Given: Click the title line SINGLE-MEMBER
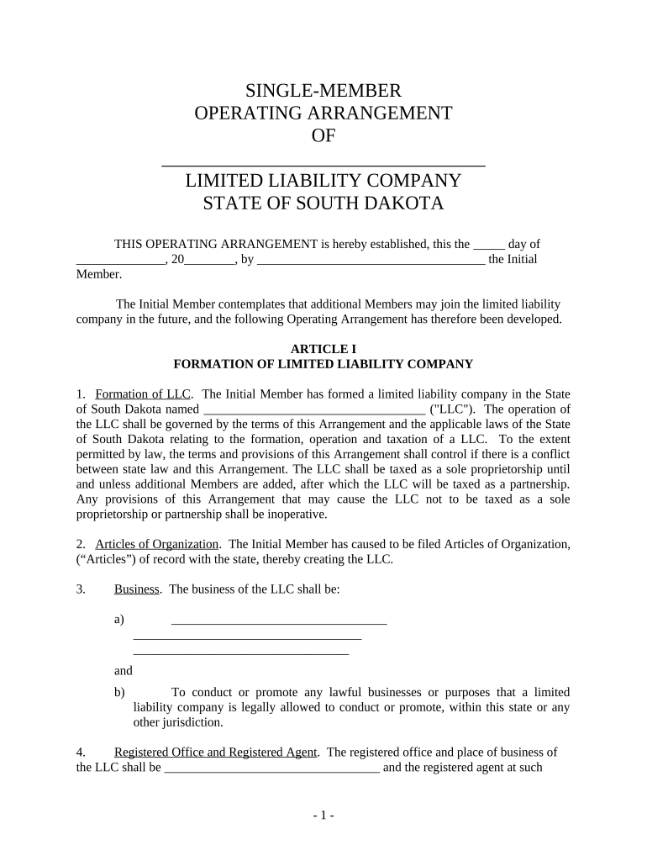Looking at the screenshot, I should click(x=323, y=90).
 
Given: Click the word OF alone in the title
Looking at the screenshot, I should click(x=323, y=136).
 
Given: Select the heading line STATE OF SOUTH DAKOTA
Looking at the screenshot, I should click(x=323, y=203).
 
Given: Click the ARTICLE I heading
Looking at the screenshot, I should click(x=323, y=349).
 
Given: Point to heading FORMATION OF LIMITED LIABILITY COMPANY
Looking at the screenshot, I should click(x=323, y=364).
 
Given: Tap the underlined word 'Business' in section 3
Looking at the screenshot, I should click(x=137, y=589).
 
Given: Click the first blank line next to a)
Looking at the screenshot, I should click(x=278, y=622).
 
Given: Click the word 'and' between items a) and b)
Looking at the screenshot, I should click(x=124, y=671).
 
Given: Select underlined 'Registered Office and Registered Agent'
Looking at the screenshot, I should click(x=215, y=752).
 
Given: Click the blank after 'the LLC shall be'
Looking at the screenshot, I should click(x=271, y=769).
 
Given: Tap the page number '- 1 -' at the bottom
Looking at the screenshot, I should click(x=323, y=816).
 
